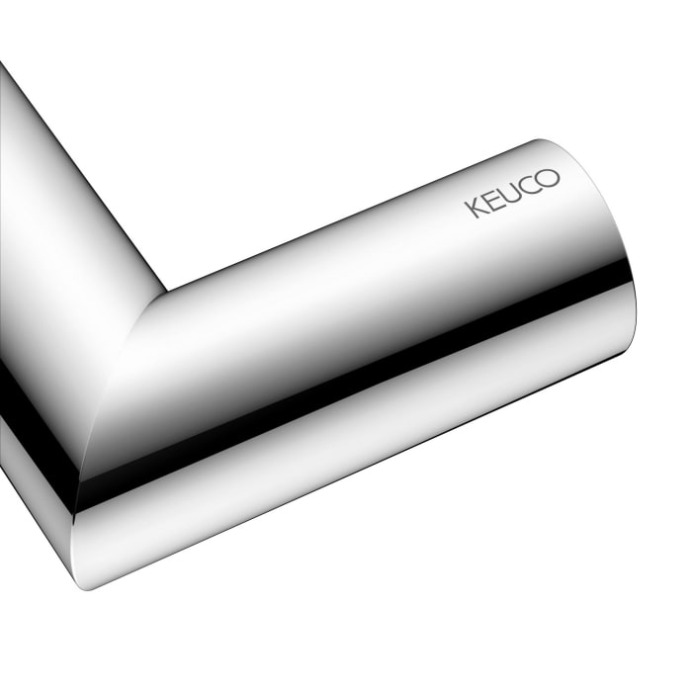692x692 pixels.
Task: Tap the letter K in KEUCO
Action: click(x=474, y=207)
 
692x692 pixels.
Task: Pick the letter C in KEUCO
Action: click(x=531, y=185)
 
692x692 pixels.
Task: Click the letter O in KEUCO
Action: click(x=550, y=178)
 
